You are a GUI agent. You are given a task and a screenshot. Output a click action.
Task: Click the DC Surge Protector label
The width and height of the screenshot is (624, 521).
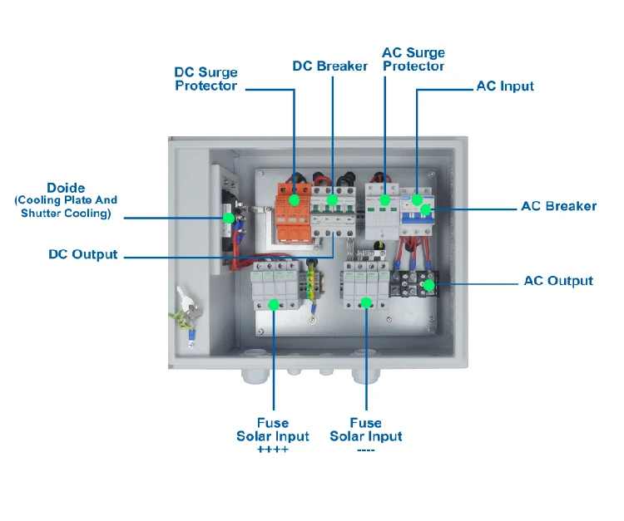[x=206, y=79]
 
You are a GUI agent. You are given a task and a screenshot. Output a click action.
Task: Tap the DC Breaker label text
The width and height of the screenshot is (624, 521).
[x=329, y=66]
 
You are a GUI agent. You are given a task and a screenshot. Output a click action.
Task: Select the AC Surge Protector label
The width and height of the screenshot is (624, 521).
[x=413, y=59]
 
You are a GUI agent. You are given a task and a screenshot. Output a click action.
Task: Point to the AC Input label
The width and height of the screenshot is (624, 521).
[x=504, y=86]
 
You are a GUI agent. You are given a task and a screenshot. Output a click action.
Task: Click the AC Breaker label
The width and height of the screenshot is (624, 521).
[x=558, y=206]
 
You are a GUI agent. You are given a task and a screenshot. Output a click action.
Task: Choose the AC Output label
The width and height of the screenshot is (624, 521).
[x=558, y=281]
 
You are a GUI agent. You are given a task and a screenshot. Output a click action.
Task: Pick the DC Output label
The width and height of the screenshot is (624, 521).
[x=83, y=254]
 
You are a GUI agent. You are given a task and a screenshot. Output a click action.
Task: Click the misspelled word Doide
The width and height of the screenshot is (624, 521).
[x=66, y=189]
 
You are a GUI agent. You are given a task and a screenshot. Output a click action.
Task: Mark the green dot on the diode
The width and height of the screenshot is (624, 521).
[x=228, y=218]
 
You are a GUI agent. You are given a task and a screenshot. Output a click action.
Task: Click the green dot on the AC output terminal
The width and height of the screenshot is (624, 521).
[x=428, y=285]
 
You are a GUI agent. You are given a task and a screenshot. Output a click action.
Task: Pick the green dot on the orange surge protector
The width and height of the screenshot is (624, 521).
[x=295, y=199]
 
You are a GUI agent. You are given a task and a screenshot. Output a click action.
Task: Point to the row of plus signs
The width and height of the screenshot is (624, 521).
[x=272, y=450]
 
